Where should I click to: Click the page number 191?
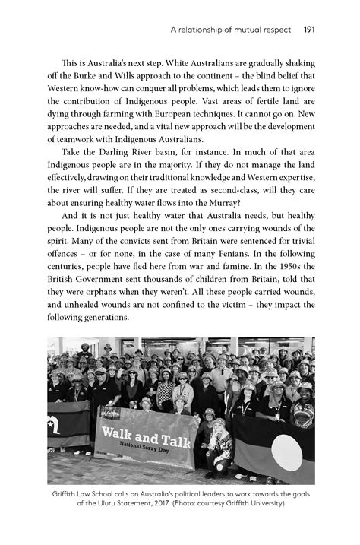tap(308, 31)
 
